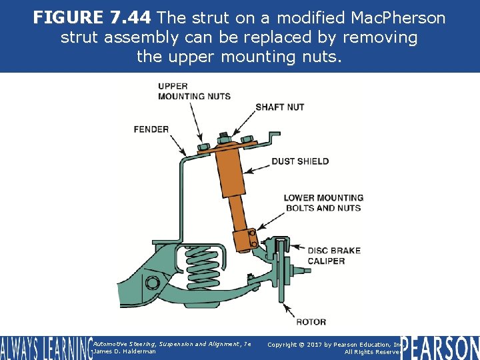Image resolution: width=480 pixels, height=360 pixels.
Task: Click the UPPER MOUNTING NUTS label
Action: coord(194,91)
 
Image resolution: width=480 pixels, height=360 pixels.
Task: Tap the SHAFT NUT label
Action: coord(279,107)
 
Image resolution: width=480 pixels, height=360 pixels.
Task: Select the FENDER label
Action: coord(151,129)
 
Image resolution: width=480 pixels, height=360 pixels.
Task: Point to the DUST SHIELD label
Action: coord(300,161)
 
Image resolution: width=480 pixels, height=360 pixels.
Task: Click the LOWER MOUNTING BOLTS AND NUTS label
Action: coord(323,203)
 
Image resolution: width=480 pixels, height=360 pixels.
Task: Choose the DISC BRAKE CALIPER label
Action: coord(334,255)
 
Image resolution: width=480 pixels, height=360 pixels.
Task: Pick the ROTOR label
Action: coord(311,322)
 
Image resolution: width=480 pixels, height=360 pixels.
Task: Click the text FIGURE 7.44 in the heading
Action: coord(93,17)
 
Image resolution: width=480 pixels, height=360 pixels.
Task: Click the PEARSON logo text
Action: coord(440,347)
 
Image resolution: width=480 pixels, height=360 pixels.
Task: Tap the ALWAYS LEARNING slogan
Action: coord(45,347)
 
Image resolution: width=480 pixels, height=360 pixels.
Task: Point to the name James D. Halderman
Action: coord(125,351)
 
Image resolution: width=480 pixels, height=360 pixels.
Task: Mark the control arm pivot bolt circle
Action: coord(151,281)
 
